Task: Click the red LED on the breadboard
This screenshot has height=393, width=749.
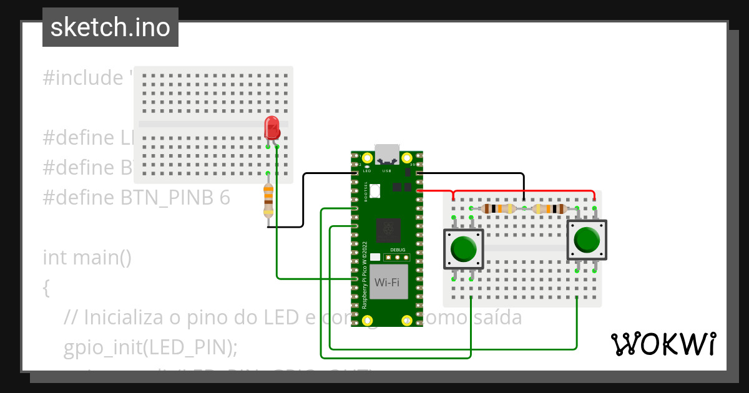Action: pos(272,128)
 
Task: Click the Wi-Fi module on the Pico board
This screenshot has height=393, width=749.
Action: pos(386,282)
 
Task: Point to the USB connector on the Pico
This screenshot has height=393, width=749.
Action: pos(386,153)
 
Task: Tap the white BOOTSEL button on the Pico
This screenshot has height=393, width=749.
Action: pos(375,190)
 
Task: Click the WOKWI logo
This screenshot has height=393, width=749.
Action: pos(663,344)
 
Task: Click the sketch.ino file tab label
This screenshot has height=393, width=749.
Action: pos(110,27)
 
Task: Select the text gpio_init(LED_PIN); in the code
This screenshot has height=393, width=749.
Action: pos(150,347)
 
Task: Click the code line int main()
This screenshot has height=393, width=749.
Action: pos(87,257)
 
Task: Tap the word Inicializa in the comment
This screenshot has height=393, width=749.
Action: pos(124,318)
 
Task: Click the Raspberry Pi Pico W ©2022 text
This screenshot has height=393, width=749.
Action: pos(365,274)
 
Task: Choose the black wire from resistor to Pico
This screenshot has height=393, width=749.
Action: pos(303,200)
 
